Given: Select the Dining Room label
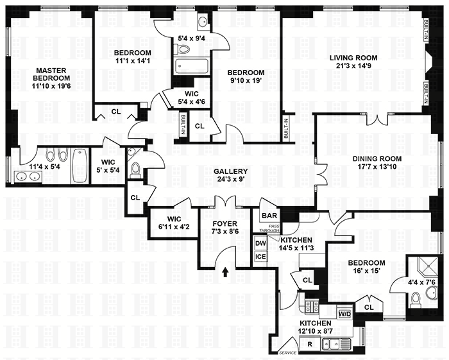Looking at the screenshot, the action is pyautogui.click(x=377, y=159).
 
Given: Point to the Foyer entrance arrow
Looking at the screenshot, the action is pyautogui.click(x=224, y=272).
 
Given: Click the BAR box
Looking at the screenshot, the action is pyautogui.click(x=267, y=216).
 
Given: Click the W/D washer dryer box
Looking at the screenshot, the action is pyautogui.click(x=344, y=314).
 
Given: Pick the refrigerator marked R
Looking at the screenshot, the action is pyautogui.click(x=310, y=345).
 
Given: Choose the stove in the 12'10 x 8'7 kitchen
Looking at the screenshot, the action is pyautogui.click(x=312, y=306).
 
